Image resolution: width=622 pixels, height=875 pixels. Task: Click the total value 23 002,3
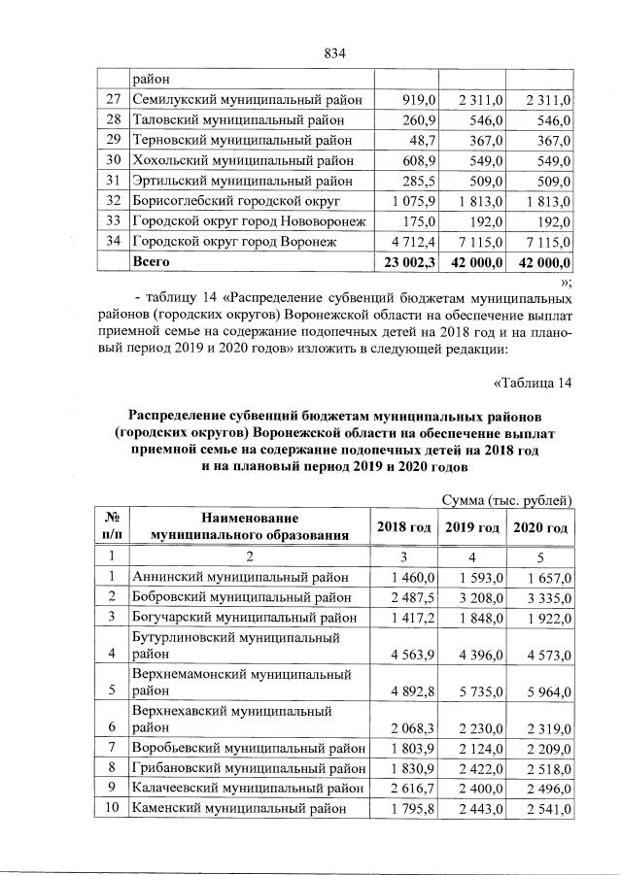click(412, 262)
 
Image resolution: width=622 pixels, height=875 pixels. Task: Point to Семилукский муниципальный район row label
click(247, 99)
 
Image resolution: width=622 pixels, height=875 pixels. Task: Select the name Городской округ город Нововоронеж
click(249, 220)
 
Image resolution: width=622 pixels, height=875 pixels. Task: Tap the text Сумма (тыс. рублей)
click(505, 499)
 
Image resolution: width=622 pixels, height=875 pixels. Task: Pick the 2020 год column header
click(540, 527)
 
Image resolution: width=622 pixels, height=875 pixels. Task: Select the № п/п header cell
click(112, 527)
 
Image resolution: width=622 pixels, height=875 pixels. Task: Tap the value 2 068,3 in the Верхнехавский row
click(413, 726)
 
